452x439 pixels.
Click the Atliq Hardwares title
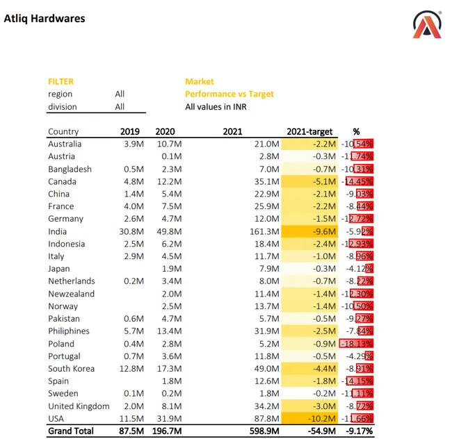click(45, 19)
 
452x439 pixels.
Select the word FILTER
click(60, 81)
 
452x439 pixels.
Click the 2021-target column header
click(310, 131)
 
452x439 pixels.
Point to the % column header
click(356, 131)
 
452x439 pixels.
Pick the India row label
click(57, 231)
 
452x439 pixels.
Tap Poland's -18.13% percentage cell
click(357, 344)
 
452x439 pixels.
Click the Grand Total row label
click(70, 431)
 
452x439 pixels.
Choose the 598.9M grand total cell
click(264, 431)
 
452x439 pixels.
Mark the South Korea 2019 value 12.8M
click(131, 369)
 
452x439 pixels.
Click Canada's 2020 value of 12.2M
click(169, 181)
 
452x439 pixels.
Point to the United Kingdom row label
click(79, 406)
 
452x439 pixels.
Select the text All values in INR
click(216, 107)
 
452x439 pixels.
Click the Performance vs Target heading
click(229, 94)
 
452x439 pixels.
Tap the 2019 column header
click(130, 131)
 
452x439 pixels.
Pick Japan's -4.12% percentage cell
click(358, 269)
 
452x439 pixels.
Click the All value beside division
click(120, 107)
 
